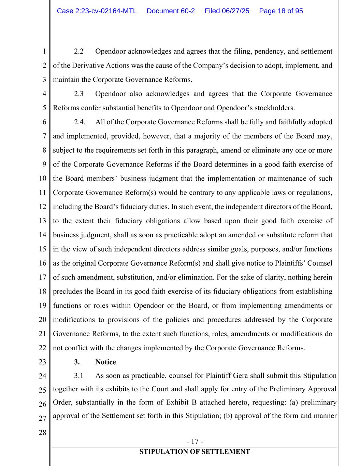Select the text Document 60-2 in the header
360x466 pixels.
pos(171,11)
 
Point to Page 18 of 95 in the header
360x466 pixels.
pos(281,11)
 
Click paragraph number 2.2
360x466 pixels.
pos(79,52)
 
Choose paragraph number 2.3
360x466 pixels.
pos(79,94)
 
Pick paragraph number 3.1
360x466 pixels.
pos(79,376)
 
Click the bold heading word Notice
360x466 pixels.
pos(105,362)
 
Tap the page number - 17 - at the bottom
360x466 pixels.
pos(195,441)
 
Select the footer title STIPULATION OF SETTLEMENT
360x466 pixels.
pos(195,452)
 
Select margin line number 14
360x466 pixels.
pos(42,235)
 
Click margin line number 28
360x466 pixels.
pos(42,433)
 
